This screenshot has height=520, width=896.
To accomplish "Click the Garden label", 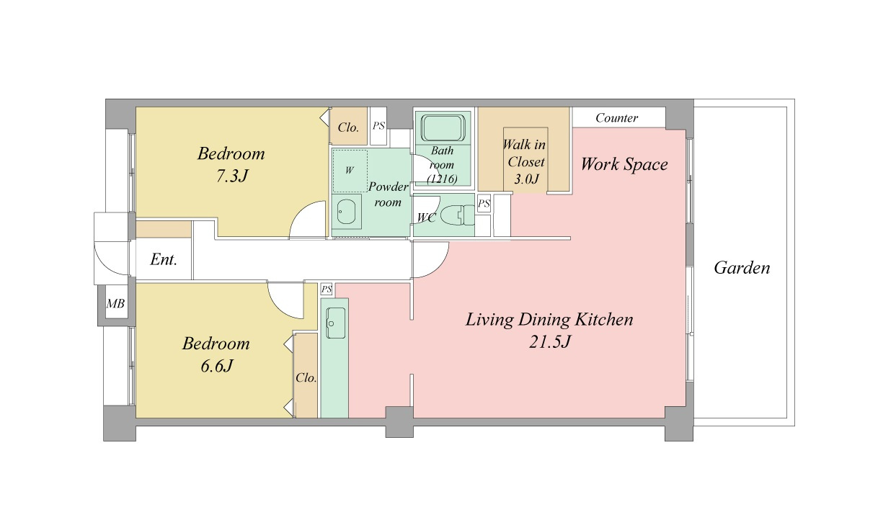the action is [x=742, y=268].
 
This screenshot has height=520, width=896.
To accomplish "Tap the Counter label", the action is [x=616, y=118].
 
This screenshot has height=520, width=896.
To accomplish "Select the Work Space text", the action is [x=624, y=164].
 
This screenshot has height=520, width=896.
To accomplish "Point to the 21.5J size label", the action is [x=549, y=341].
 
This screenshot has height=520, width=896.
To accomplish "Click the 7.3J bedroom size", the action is [x=232, y=176].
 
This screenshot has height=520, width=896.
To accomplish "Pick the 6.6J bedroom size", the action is [x=216, y=365].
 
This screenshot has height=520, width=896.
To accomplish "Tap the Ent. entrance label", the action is [x=163, y=260].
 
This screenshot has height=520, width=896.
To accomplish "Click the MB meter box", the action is [x=115, y=304].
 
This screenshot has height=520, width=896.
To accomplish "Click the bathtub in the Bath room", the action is [x=443, y=128].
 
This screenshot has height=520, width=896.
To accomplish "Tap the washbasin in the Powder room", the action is [x=347, y=212].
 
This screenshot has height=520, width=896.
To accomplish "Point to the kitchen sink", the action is [x=336, y=323].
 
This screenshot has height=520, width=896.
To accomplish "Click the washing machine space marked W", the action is [x=350, y=171].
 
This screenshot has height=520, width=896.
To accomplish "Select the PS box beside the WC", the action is [x=484, y=204].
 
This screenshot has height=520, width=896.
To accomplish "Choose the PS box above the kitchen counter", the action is [x=327, y=289].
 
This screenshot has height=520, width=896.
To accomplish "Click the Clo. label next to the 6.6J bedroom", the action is [x=306, y=377].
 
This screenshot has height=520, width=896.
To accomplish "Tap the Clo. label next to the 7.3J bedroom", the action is [x=348, y=127].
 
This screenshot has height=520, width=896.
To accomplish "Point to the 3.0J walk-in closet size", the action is [x=526, y=179].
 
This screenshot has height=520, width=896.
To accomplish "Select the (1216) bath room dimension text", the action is [x=443, y=179].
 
